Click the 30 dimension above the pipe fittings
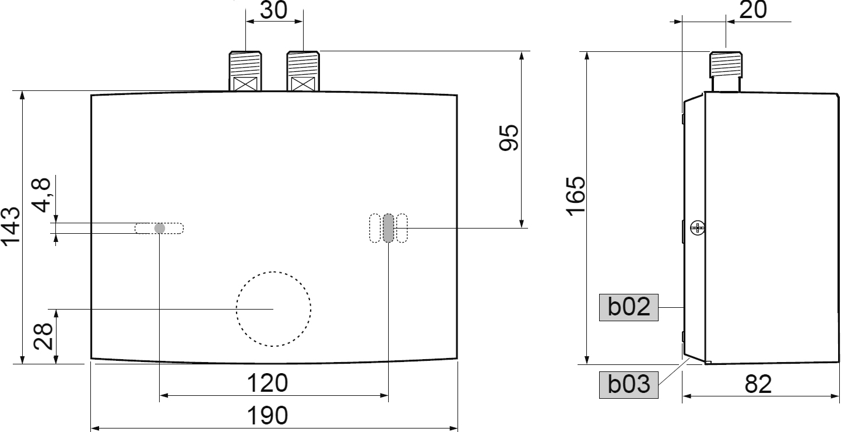(274, 11)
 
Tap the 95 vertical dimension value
(509, 138)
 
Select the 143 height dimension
(11, 226)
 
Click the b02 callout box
(629, 307)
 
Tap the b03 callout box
(629, 385)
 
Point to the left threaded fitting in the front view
(245, 70)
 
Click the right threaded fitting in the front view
(302, 70)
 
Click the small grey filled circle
(159, 228)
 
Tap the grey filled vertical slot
(388, 228)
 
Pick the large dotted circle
(273, 308)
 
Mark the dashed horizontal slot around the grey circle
(174, 228)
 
